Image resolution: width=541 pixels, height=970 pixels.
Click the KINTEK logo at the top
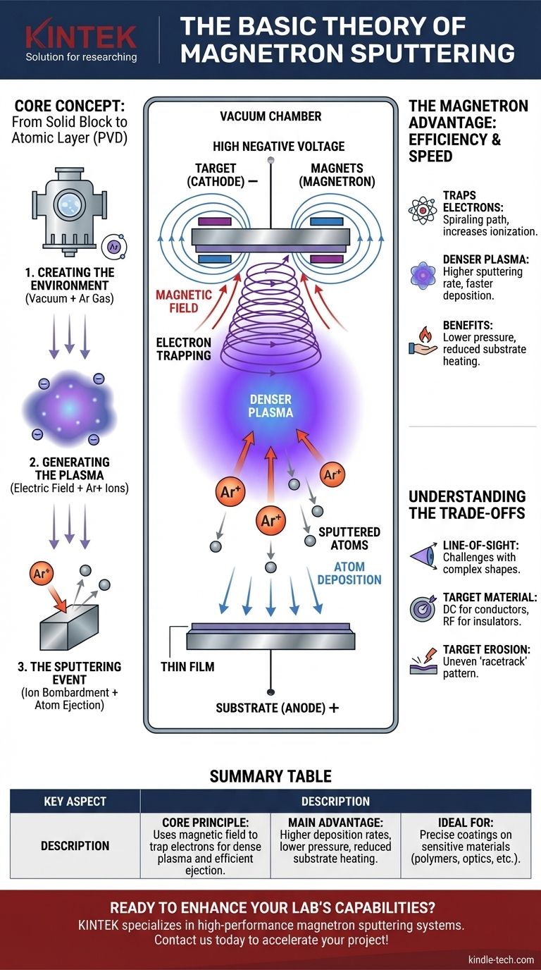pyautogui.click(x=81, y=36)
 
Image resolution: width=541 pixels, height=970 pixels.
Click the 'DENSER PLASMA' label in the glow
pyautogui.click(x=270, y=404)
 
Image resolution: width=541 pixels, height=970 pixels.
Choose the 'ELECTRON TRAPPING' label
pyautogui.click(x=184, y=348)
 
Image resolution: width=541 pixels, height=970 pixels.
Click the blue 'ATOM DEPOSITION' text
pyautogui.click(x=349, y=572)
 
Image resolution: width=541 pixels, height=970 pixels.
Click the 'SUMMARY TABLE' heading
pyautogui.click(x=270, y=777)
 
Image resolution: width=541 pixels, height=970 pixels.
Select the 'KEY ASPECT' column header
pyautogui.click(x=75, y=801)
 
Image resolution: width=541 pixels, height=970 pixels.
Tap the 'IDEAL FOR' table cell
pyautogui.click(x=466, y=846)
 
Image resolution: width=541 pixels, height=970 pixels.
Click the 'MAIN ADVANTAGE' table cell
pyautogui.click(x=335, y=846)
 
